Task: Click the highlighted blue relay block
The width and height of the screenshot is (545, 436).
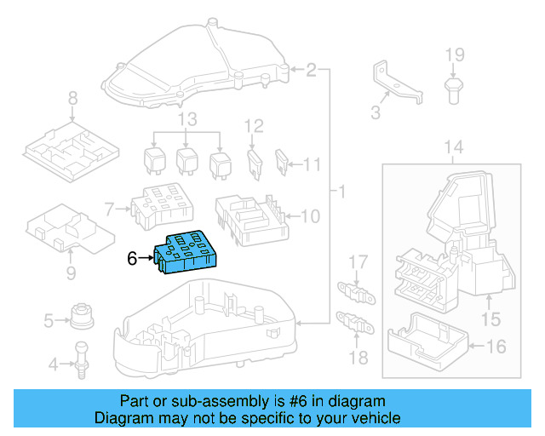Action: coord(186,253)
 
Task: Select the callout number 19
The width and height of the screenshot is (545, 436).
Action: coord(455,55)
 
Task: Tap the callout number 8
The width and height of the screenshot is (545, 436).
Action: coord(72,97)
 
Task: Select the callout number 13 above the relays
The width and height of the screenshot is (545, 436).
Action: coord(186,118)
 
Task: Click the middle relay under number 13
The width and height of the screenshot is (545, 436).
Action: coord(187,159)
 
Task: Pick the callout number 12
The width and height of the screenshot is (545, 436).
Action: coord(254,126)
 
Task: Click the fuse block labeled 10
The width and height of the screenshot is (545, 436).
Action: coord(250,217)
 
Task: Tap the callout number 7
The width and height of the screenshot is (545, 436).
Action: coord(109,209)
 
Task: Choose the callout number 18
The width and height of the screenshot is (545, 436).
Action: coord(360,358)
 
